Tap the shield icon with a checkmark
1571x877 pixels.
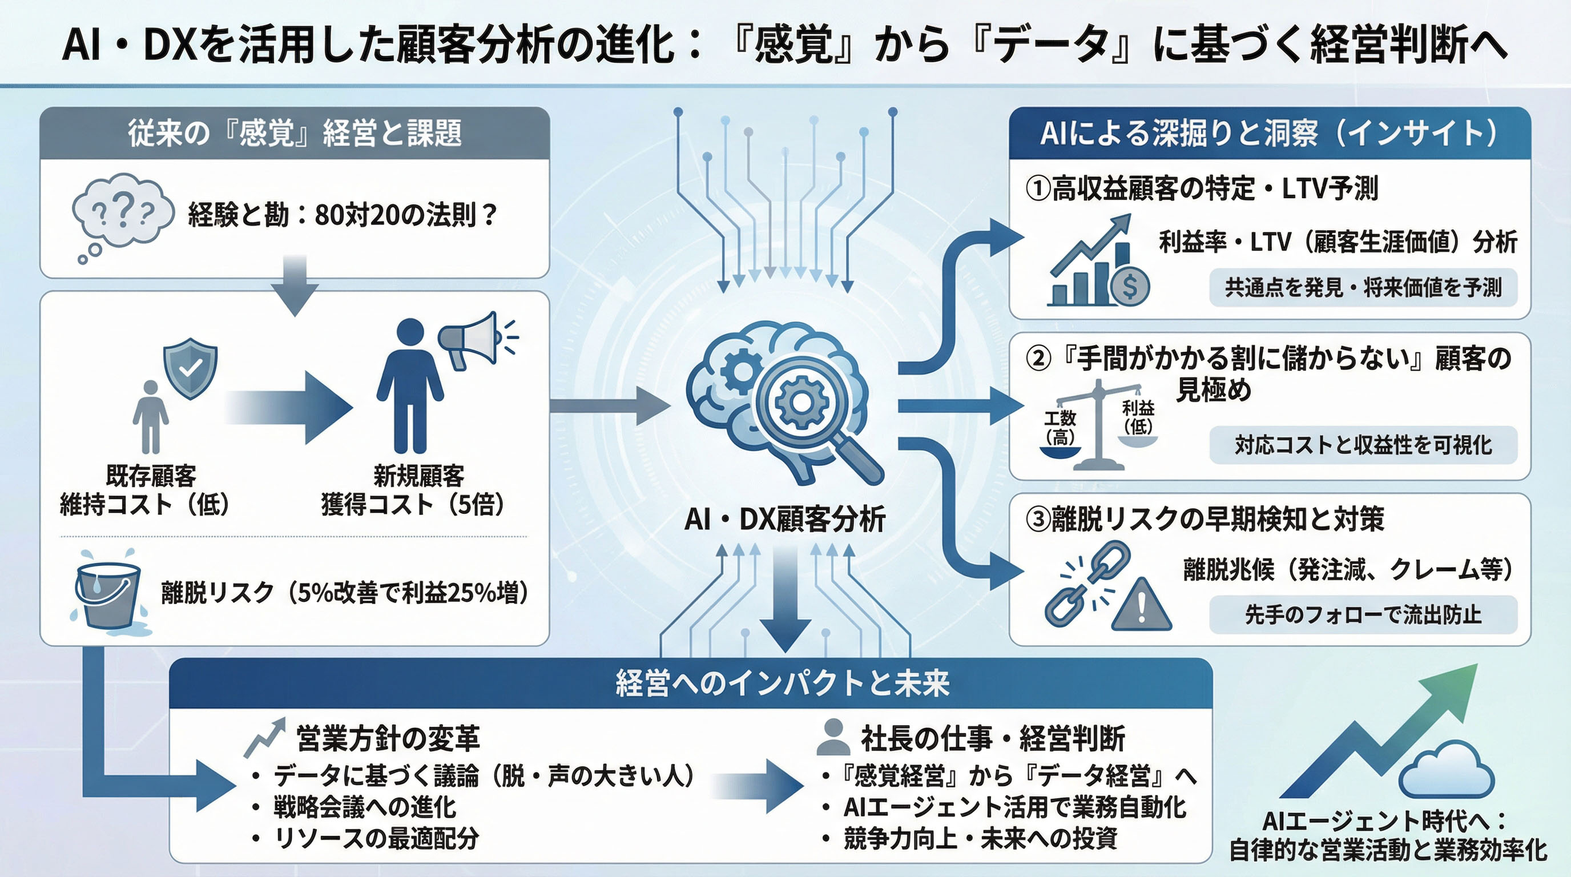[190, 368]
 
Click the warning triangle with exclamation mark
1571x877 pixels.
[1141, 605]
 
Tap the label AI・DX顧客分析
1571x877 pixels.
[785, 520]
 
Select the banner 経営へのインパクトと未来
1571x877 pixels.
[783, 683]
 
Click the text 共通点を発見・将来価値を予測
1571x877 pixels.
[1363, 287]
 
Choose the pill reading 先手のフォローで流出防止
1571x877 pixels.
[1363, 615]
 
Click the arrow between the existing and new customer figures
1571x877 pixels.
[289, 408]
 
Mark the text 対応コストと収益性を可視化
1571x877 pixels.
[1363, 445]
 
